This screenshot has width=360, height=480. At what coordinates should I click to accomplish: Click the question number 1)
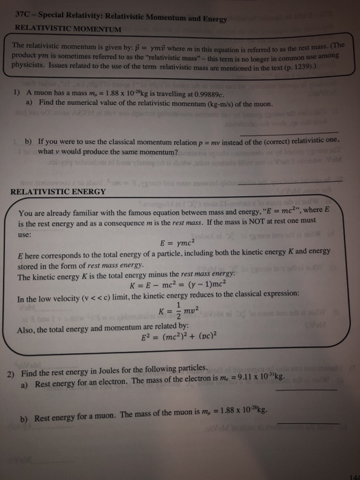pyautogui.click(x=16, y=93)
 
